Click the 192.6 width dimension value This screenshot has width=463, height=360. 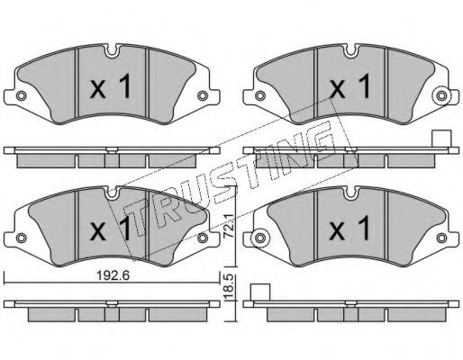113,275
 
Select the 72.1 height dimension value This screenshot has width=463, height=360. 230,226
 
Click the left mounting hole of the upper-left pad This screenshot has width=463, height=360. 21,95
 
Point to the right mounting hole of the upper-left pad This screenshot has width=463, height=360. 203,95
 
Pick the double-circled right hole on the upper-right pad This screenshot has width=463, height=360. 441,96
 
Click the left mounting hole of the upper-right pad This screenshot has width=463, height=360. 260,95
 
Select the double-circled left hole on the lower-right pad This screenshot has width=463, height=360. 260,238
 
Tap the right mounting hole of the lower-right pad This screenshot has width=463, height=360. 441,238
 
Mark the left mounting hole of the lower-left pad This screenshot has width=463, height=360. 21,238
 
